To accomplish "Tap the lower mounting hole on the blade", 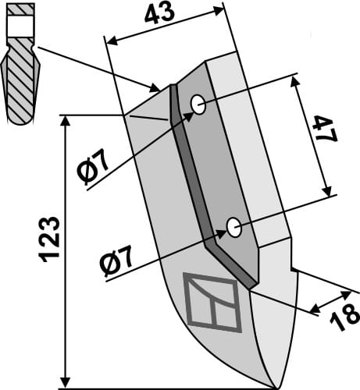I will coord(233,227).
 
